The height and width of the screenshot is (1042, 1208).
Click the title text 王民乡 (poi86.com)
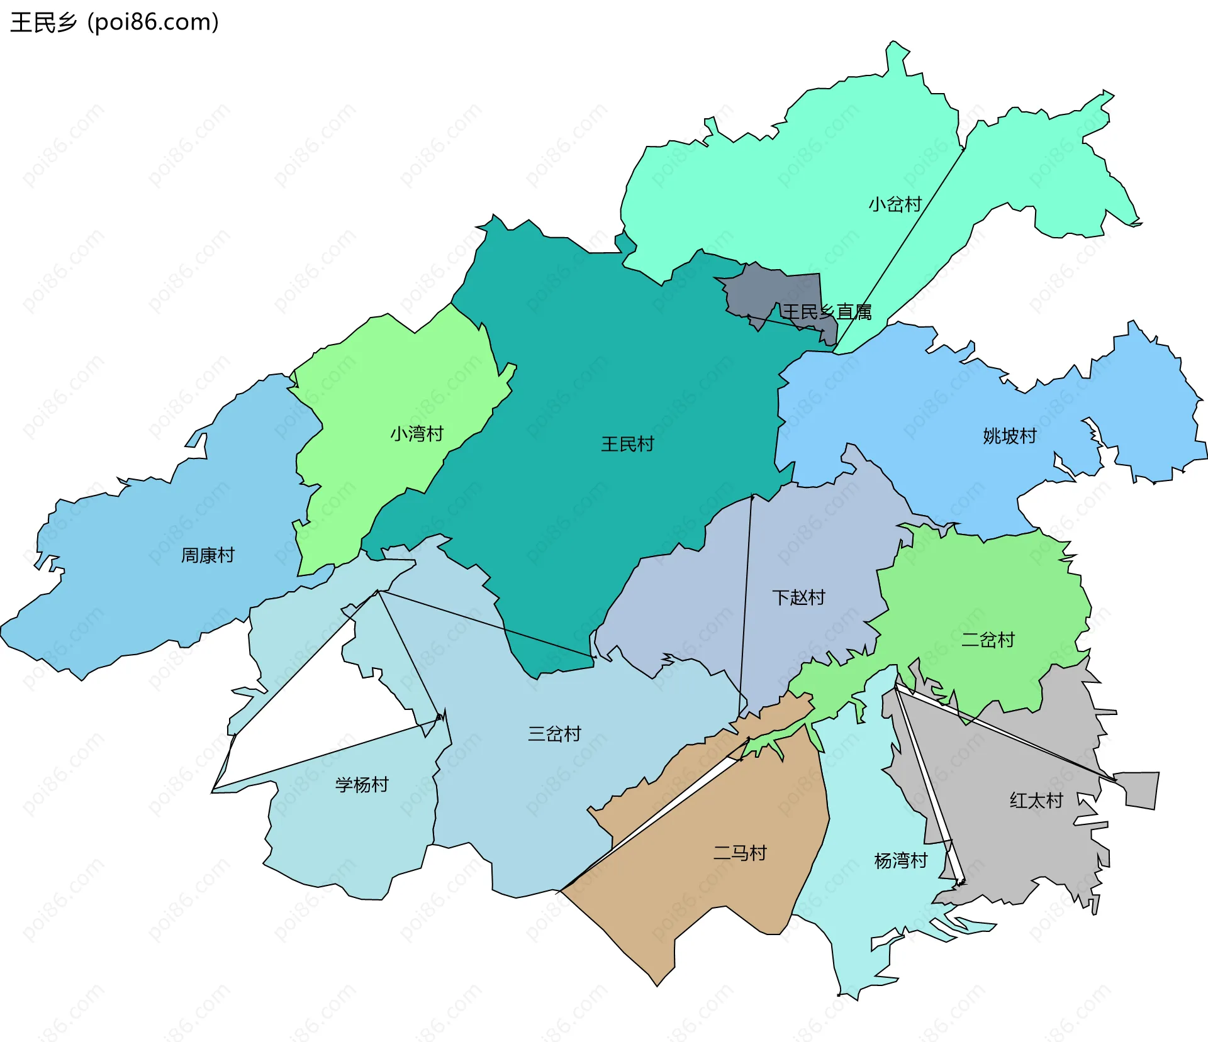point(115,22)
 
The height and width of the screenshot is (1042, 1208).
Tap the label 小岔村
point(895,204)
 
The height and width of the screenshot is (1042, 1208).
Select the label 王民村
point(627,444)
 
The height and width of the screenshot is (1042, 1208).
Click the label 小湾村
point(417,433)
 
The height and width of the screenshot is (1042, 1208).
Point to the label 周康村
point(208,555)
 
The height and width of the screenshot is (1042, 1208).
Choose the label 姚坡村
point(1009,436)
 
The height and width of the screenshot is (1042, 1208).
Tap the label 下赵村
point(798,597)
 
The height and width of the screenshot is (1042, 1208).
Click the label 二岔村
point(988,640)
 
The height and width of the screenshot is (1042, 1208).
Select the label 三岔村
point(554,733)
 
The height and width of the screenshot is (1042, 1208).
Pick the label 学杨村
point(362,784)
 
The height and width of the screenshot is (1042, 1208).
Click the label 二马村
point(740,853)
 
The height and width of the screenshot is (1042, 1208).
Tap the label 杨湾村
point(901,860)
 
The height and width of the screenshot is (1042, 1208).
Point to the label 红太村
point(1036,800)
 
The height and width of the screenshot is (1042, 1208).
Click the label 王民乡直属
point(827,312)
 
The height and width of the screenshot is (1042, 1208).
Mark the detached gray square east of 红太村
point(1141,789)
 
